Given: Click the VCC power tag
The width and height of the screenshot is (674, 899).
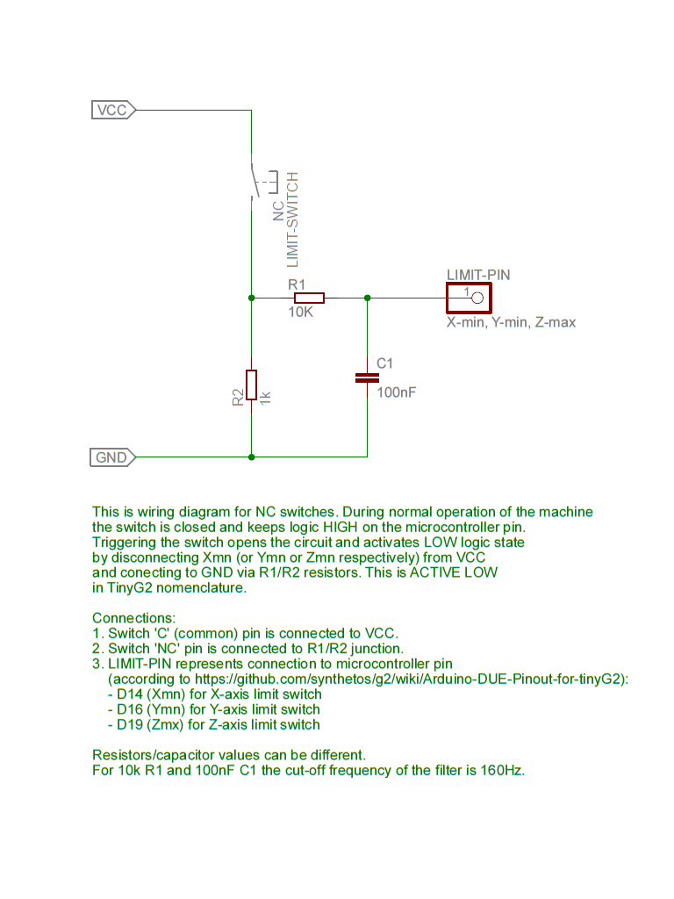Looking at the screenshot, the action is (x=113, y=110).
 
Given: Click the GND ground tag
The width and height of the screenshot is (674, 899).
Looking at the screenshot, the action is (x=112, y=457).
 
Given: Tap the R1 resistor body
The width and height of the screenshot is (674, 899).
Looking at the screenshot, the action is (x=309, y=298).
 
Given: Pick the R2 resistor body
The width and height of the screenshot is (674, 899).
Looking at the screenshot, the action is (x=251, y=385).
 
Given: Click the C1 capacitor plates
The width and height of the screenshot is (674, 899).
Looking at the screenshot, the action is (x=367, y=378).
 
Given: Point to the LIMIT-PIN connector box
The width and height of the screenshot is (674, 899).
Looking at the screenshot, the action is (x=469, y=298).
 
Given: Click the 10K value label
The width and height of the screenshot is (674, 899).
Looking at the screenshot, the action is (x=300, y=312).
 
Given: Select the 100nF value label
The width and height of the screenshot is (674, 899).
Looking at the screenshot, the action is (x=396, y=392).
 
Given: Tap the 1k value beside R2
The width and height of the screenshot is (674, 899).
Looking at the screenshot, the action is (x=265, y=398).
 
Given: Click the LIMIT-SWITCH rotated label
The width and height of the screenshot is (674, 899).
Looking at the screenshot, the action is (x=293, y=219).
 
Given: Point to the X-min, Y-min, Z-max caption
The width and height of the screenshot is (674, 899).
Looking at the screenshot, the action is (x=511, y=323).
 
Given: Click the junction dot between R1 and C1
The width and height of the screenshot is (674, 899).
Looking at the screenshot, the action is (x=368, y=298).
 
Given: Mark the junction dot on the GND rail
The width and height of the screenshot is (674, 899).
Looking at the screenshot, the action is (x=252, y=457).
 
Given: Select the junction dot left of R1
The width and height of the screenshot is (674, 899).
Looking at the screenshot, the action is (x=252, y=298).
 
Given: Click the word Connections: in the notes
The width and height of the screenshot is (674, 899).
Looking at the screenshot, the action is (x=134, y=618).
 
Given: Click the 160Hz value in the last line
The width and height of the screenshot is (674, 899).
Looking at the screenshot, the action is (x=502, y=770).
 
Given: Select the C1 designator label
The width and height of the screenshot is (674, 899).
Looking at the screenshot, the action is (x=384, y=363).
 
